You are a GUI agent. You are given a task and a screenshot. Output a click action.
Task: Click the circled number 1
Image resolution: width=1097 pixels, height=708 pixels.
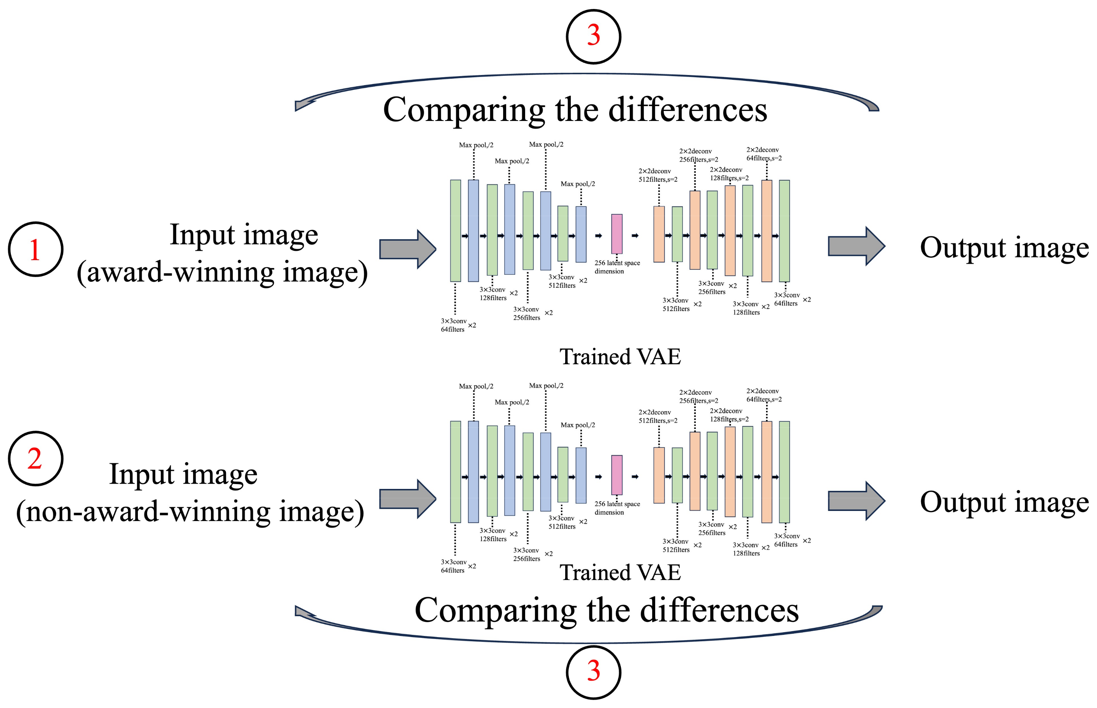click(x=35, y=249)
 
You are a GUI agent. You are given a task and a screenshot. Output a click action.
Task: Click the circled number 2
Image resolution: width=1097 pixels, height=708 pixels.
click(x=35, y=458)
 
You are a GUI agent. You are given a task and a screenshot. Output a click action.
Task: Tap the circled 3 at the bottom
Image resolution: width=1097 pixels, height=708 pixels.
click(x=594, y=672)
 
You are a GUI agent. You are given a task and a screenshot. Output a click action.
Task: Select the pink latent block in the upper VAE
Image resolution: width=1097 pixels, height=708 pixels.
click(x=616, y=234)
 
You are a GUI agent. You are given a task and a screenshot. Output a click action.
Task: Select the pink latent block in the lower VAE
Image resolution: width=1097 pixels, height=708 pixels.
click(x=616, y=475)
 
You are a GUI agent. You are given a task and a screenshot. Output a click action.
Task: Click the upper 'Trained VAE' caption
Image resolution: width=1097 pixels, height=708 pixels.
click(x=620, y=357)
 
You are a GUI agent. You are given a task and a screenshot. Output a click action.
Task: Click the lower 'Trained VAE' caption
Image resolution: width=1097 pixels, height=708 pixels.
click(x=620, y=573)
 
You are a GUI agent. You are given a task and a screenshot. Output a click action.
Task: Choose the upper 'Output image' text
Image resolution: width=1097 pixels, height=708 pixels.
click(x=1004, y=248)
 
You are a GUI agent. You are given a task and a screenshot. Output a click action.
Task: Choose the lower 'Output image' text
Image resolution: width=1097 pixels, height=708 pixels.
click(x=1004, y=502)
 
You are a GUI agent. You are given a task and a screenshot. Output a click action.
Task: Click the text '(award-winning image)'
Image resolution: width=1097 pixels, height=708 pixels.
click(x=222, y=272)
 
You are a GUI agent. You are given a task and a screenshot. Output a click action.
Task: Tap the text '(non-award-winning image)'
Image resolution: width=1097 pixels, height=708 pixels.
click(x=190, y=512)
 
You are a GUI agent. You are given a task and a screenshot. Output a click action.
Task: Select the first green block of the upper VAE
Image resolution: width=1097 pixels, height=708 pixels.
click(x=455, y=230)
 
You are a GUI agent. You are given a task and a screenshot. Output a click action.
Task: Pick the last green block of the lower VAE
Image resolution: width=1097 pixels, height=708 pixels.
click(x=784, y=472)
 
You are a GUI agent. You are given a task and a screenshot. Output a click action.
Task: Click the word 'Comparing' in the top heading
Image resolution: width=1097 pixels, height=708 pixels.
click(x=464, y=110)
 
